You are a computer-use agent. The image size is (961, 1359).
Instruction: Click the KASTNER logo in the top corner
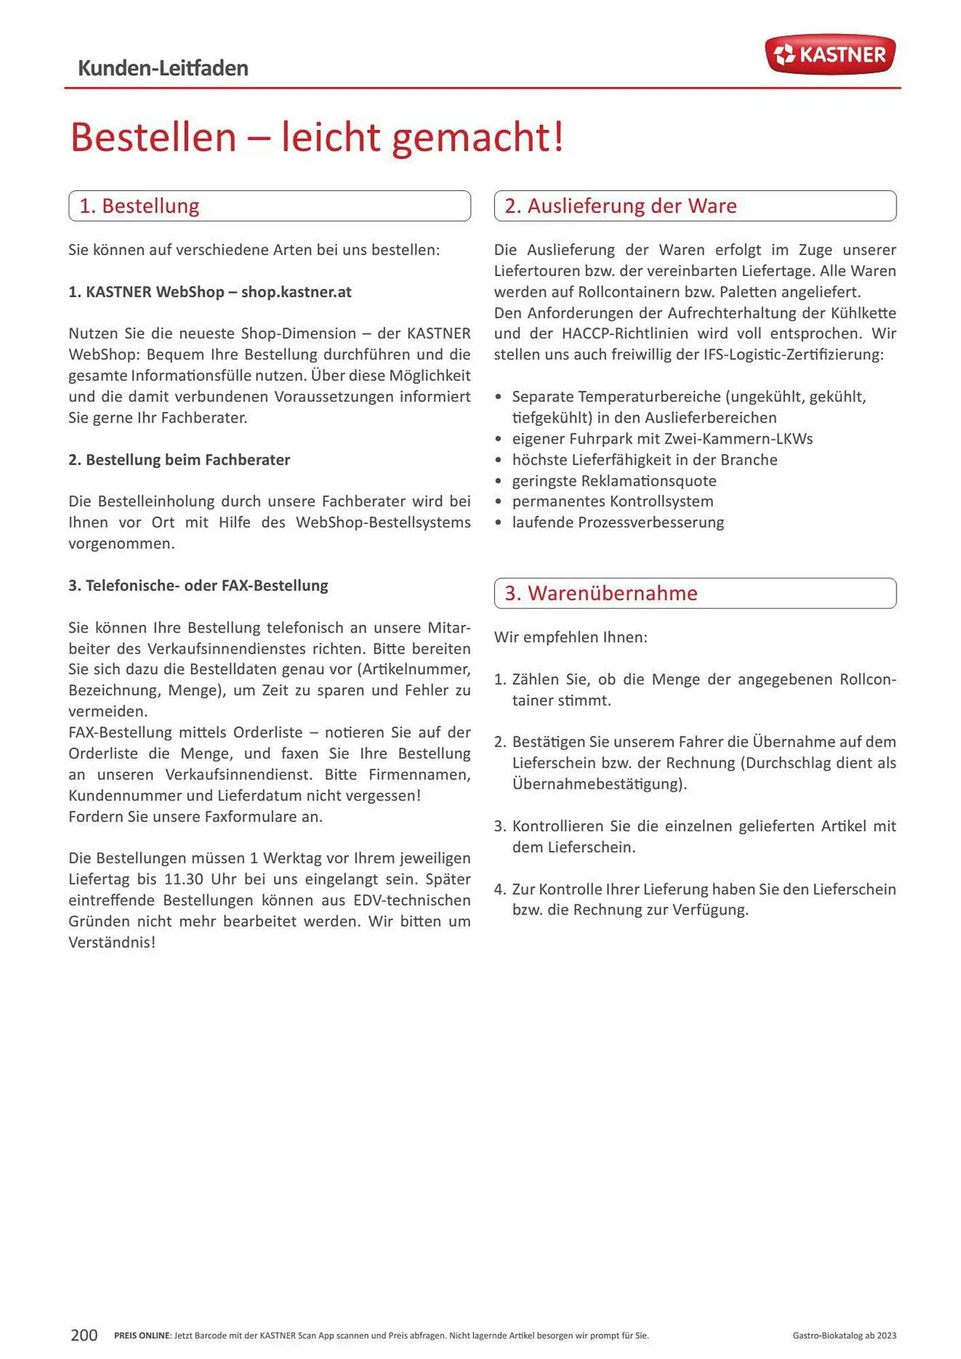coord(830,54)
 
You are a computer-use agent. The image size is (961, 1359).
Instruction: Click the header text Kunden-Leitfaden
coord(163,68)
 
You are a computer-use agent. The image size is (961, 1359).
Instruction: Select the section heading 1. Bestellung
coord(139,206)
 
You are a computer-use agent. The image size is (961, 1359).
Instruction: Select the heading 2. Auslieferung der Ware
coord(620,206)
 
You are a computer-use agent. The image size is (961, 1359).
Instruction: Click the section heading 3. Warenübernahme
coord(601,593)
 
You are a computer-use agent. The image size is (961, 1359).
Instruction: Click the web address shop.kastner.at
coord(296,292)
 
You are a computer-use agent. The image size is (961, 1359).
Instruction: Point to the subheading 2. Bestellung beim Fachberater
coord(179,460)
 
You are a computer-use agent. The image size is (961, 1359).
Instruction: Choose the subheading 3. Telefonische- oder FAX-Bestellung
coord(198,586)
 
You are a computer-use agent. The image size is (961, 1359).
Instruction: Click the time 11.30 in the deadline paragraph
coord(184,879)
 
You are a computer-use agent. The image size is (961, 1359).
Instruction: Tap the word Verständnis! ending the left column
coord(112,942)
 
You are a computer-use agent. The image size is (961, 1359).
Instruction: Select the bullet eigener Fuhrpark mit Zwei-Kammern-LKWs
coord(662,439)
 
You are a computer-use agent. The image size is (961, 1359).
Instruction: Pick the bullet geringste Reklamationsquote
coord(614,481)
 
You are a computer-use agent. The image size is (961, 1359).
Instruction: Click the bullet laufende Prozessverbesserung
coord(618,523)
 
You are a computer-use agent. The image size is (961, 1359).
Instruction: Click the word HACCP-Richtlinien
coord(625,334)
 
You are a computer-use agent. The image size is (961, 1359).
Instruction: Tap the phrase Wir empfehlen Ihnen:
coord(570,637)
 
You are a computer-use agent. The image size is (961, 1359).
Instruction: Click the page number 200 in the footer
coord(84,1335)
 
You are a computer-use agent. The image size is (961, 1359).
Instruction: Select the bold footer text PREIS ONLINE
coord(142,1336)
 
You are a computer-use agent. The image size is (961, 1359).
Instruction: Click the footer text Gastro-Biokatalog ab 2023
coord(844,1336)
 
